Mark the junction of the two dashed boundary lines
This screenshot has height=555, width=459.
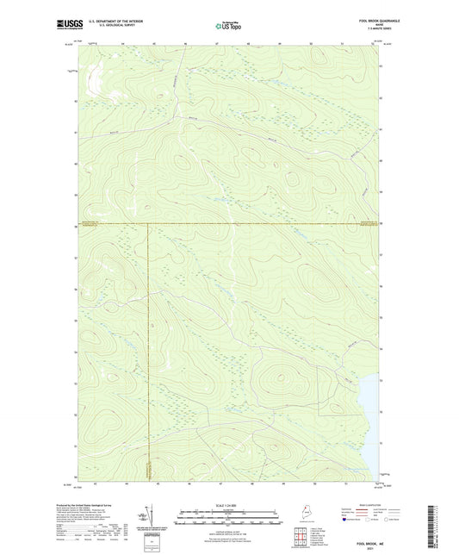tap(148, 224)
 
